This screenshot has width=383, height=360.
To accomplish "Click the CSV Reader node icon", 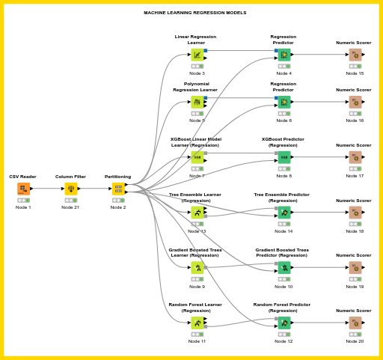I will click(x=23, y=189).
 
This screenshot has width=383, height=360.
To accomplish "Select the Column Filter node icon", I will click(x=71, y=189).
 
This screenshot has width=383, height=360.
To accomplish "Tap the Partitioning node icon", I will click(x=118, y=189).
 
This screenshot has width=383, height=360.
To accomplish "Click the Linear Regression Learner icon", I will click(x=197, y=55).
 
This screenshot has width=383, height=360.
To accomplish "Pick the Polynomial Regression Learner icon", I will click(x=197, y=102).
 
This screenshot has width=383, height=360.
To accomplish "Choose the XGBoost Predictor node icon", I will click(x=284, y=157).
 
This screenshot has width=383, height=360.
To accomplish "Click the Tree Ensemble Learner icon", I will click(x=197, y=213).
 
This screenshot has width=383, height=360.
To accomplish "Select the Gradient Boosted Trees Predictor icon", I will click(x=284, y=268).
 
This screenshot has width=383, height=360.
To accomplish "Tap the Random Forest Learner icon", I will click(x=197, y=323).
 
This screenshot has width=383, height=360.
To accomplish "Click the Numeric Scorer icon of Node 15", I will click(x=355, y=55).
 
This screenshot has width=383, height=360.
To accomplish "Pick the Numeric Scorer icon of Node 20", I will click(x=355, y=323).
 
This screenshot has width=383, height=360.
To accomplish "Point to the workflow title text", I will click(x=194, y=13).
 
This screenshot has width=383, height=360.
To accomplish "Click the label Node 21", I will click(x=71, y=207).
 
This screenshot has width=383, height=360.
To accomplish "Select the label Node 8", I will click(x=284, y=176).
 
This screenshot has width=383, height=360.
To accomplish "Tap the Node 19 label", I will click(x=355, y=287).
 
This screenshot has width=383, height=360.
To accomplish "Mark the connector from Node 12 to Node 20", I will click(x=319, y=323).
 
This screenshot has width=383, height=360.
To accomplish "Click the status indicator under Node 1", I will click(x=23, y=200).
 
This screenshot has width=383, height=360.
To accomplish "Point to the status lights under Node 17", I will click(x=355, y=168).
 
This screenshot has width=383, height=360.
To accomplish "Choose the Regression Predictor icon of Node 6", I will click(x=284, y=102).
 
